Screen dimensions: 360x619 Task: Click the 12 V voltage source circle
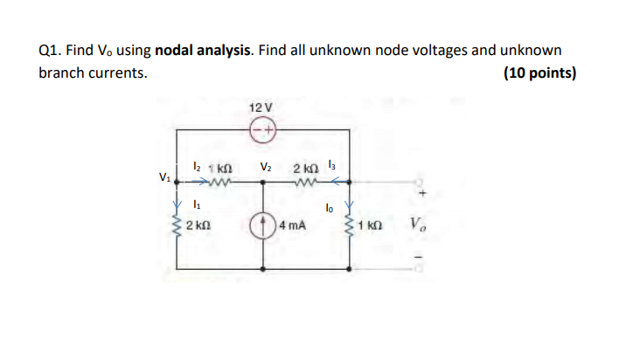[264, 130]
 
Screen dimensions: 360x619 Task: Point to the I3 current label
[330, 163]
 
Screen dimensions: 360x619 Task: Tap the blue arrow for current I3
[344, 183]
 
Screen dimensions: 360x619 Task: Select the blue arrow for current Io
[351, 208]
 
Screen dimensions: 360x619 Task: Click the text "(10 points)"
[540, 73]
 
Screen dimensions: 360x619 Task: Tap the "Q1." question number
[51, 51]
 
